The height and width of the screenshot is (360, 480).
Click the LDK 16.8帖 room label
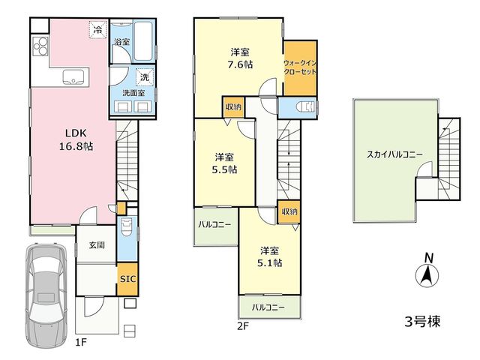(76, 139)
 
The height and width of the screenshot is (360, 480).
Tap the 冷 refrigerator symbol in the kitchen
(98, 30)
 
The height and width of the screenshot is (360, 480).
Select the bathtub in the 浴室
(143, 41)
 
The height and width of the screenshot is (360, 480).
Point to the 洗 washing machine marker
(145, 77)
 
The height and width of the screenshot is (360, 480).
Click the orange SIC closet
(127, 279)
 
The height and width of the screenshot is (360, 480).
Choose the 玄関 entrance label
(97, 245)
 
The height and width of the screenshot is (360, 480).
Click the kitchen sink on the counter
(73, 76)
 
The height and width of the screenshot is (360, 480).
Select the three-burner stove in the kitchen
(40, 46)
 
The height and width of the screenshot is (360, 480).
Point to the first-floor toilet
(127, 226)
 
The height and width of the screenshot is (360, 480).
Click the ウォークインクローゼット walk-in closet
(300, 67)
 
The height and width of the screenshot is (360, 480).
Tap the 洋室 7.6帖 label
(241, 58)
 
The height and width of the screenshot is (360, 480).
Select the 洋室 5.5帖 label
(224, 163)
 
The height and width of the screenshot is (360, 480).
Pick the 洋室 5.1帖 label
(270, 256)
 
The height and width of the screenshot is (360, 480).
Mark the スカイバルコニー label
(394, 154)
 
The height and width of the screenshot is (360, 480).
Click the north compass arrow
(427, 274)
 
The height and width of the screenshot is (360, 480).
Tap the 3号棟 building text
(422, 322)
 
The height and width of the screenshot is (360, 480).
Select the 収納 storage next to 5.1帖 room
(289, 211)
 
